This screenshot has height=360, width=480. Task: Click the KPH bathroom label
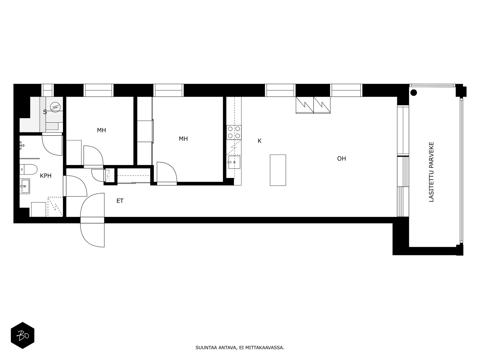tap(46, 176)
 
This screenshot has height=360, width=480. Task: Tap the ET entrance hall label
tap(120, 201)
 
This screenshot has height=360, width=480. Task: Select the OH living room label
tap(342, 159)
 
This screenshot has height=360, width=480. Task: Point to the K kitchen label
tap(259, 141)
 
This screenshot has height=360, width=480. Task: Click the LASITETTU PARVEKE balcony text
tap(431, 172)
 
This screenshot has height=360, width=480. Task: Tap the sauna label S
tap(45, 112)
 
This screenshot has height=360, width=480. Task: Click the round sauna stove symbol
tap(55, 107)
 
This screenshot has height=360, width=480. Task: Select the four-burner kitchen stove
tap(234, 132)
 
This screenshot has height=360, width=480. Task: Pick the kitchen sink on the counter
tap(234, 162)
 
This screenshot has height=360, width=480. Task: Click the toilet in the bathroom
tap(28, 169)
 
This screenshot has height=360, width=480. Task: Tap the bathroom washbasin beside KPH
tap(25, 186)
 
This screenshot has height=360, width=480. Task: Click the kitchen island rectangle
tap(278, 170)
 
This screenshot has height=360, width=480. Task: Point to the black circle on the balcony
tap(413, 93)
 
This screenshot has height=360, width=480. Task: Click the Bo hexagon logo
tap(22, 335)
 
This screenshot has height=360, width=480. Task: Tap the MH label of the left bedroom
tap(101, 130)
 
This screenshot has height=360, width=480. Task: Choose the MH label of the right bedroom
tap(183, 139)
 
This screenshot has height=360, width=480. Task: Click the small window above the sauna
tap(47, 90)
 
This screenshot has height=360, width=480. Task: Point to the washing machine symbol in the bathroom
tap(38, 209)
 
